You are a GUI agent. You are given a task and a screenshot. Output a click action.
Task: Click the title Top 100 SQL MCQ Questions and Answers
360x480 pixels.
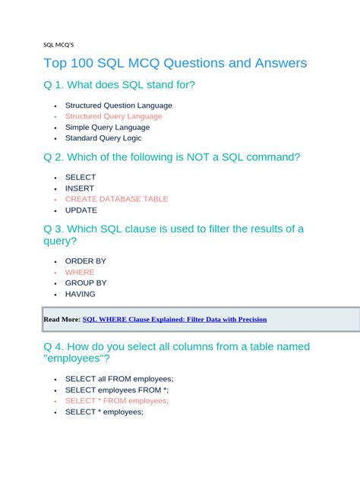click(175, 63)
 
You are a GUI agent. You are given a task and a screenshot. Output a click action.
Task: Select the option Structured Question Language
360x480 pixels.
click(118, 106)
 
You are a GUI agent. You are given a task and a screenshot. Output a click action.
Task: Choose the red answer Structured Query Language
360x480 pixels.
click(113, 116)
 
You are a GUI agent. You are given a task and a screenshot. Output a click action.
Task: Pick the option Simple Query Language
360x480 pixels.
click(107, 128)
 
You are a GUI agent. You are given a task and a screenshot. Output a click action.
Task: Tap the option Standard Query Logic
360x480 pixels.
click(103, 138)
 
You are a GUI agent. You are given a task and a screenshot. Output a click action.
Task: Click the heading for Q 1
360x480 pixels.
click(119, 85)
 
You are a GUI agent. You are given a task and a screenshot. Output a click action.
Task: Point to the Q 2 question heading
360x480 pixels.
click(172, 157)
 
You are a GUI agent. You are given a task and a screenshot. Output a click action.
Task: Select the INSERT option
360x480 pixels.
click(80, 188)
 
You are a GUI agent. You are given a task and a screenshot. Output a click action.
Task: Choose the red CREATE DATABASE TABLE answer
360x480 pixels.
click(116, 199)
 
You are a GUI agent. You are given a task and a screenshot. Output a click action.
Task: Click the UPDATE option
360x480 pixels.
click(81, 210)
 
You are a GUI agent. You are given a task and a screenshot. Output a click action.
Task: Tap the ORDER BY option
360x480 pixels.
click(85, 261)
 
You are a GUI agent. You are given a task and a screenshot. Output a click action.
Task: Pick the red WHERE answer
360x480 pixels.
click(80, 272)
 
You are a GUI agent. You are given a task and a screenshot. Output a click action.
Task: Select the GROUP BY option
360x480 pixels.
click(86, 283)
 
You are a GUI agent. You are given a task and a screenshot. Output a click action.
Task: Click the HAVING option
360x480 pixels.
click(80, 294)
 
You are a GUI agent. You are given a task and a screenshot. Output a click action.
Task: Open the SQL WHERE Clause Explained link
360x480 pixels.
click(175, 320)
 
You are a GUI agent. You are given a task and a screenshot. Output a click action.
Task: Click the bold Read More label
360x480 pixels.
click(62, 320)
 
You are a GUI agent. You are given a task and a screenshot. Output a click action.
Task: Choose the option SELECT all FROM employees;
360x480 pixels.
click(119, 379)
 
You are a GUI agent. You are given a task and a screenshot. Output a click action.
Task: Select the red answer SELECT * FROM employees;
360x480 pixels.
click(117, 401)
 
